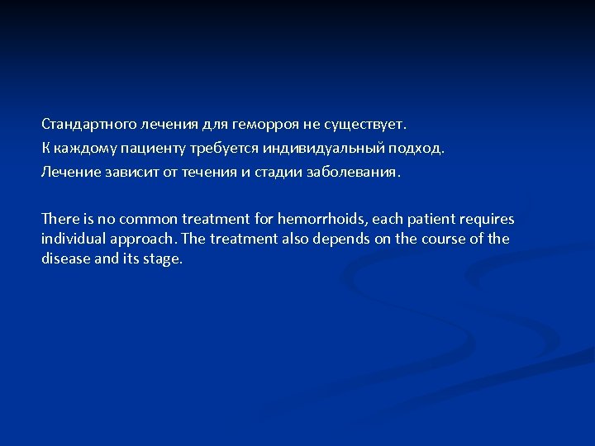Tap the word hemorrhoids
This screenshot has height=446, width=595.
point(323,219)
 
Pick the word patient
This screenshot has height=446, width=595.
point(434,219)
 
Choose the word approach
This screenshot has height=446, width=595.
point(140,240)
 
